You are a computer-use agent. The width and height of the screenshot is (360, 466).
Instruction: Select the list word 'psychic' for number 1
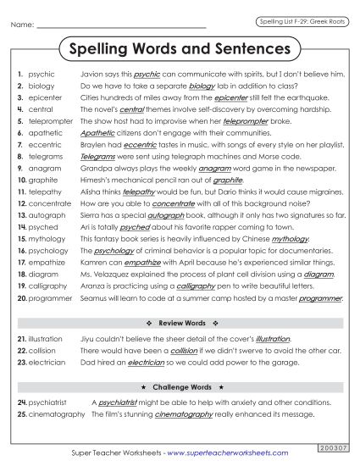[x=41, y=75]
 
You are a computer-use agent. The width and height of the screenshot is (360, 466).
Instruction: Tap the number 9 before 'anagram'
[x=19, y=169]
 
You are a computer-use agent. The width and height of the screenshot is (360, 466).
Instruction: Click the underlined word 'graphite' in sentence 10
[x=228, y=180]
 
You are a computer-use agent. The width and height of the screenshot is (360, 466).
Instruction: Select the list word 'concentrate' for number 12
[x=49, y=204]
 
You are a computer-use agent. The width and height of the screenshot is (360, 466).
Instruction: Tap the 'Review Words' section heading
[x=180, y=325]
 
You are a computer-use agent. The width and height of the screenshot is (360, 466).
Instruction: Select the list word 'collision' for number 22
[x=42, y=350]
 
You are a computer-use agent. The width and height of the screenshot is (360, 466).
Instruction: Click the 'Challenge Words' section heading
[x=180, y=387]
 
